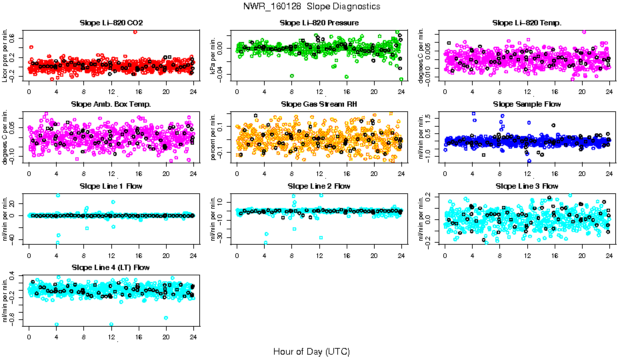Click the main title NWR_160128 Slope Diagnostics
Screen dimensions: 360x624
[x=312, y=6]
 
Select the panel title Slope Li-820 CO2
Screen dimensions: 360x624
[x=111, y=23]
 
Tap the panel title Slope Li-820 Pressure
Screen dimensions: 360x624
[x=319, y=23]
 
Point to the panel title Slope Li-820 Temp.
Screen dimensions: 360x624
[x=527, y=23]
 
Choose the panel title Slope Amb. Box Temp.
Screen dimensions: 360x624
[x=111, y=104]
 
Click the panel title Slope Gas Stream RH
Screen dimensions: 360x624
[x=319, y=104]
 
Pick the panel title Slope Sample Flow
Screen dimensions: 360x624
[x=527, y=104]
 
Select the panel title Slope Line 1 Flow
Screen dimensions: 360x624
[x=111, y=186]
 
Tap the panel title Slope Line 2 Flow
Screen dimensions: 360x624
[x=319, y=186]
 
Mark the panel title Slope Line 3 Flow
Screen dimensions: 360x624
[x=527, y=186]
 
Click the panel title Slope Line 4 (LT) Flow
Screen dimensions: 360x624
[x=111, y=267]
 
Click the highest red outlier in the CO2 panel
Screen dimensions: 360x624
[x=135, y=31]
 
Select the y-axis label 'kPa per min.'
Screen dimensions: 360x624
[x=213, y=56]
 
